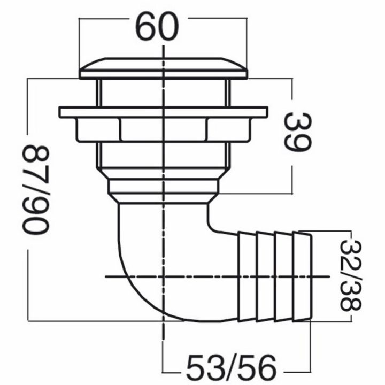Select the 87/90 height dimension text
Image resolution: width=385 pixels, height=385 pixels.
click(x=36, y=189)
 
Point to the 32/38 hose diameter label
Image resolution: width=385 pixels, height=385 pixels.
click(x=351, y=275)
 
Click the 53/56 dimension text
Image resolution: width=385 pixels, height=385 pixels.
click(x=232, y=367)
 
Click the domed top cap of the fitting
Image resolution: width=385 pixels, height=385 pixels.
click(x=164, y=68)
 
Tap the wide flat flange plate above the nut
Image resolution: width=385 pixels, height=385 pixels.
click(x=164, y=112)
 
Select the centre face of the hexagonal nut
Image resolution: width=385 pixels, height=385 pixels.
click(x=164, y=130)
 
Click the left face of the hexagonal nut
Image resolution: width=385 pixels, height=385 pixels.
click(x=98, y=130)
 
